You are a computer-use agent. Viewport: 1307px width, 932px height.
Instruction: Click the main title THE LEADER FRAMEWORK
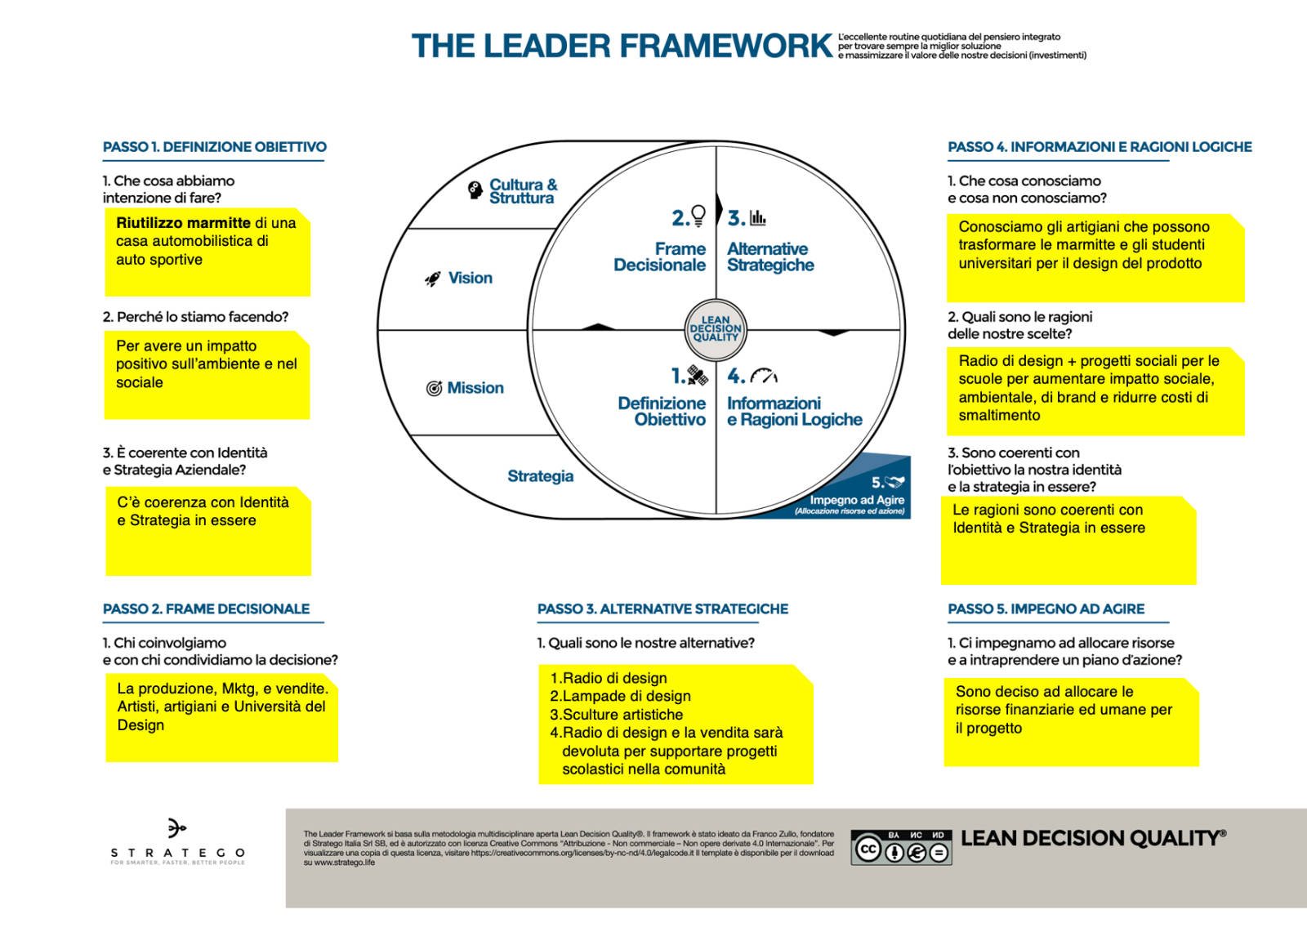622,46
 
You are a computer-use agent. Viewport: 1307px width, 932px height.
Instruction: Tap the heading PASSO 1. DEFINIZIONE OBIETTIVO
215,146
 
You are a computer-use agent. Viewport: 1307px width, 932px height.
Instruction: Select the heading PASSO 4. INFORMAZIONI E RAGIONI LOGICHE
1100,146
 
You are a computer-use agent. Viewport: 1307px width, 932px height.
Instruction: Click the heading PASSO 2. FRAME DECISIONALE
206,609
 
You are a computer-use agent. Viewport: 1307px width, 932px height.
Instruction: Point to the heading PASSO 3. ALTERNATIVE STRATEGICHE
662,609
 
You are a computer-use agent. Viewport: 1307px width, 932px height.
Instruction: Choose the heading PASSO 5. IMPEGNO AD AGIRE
1046,609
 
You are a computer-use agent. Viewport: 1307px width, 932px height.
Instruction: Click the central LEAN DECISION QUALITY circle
716,330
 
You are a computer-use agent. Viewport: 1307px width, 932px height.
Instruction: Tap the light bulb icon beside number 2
698,216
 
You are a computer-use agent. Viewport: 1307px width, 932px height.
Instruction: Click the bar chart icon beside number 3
757,217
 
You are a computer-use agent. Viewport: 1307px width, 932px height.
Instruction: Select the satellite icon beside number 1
698,375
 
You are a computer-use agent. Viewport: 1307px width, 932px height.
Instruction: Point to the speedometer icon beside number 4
764,376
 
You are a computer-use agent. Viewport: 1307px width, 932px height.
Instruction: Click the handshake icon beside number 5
894,481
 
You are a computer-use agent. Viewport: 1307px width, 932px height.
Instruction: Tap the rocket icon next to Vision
432,279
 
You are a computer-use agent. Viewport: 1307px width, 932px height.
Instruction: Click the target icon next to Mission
434,388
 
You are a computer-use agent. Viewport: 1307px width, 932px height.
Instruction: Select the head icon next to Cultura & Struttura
475,190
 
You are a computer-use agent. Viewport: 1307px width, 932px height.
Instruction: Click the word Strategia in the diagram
540,476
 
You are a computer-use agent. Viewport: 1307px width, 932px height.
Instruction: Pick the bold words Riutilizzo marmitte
183,223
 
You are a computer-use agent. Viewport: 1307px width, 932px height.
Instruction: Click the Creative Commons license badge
902,847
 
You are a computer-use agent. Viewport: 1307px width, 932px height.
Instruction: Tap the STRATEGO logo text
178,853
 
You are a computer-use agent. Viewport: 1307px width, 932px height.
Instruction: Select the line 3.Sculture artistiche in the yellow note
616,715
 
